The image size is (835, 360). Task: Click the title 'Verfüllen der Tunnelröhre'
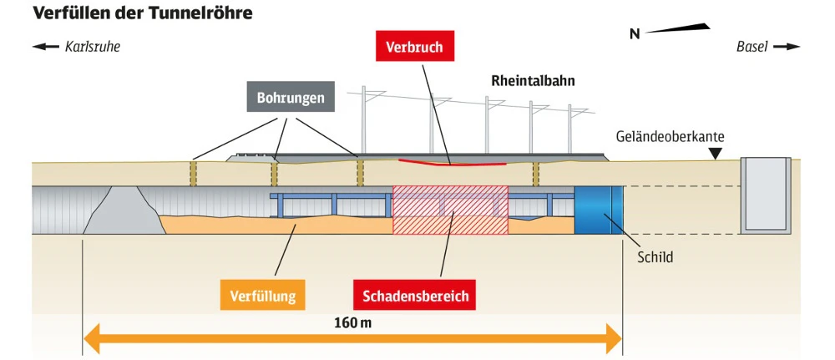point(142,14)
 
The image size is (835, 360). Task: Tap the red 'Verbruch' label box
point(415,47)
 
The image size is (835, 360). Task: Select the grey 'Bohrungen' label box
point(291,98)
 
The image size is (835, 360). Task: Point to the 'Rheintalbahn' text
point(532,81)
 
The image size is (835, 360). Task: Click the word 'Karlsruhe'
point(93,47)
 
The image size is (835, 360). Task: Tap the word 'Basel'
point(751,47)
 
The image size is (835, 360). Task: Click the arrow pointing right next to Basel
point(787,47)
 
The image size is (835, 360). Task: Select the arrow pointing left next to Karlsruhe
point(46,47)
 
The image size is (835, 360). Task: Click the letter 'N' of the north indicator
point(635,34)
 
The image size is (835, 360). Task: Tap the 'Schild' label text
point(654,257)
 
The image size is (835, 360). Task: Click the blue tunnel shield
point(598,210)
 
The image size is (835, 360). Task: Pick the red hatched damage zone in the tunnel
point(450,210)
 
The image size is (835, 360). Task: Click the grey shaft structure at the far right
point(767,194)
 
